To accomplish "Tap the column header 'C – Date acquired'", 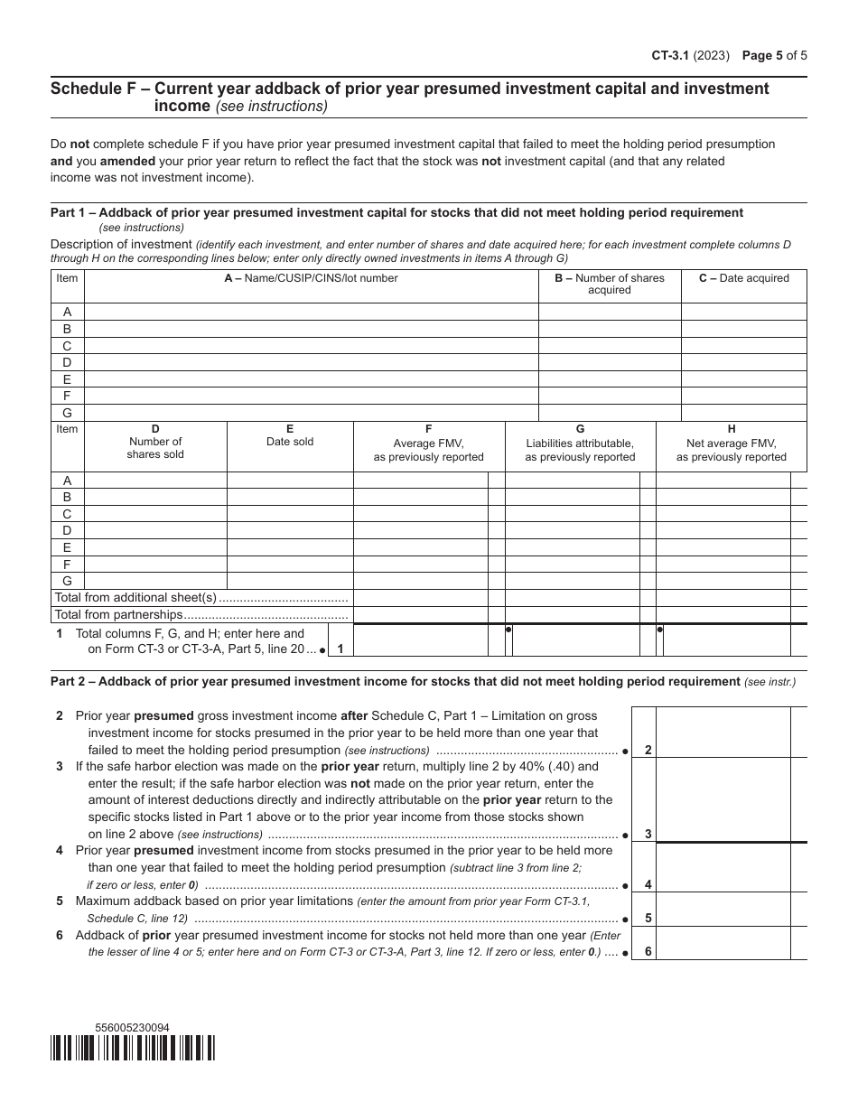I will point(743,278).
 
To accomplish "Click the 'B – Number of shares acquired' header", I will point(609,284).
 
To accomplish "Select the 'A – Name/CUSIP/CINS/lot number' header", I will point(311,278).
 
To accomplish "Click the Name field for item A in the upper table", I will point(311,312).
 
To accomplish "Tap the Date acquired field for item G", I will point(743,412).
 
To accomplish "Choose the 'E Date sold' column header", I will point(289,435).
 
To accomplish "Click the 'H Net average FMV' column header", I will point(731,443).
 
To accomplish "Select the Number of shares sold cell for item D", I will point(155,530).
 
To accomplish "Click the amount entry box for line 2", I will point(723,732).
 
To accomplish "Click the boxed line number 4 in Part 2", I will point(648,884).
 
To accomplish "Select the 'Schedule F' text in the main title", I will point(98,89).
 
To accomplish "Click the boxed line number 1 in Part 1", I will point(340,648).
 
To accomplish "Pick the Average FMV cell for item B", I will point(420,497).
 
